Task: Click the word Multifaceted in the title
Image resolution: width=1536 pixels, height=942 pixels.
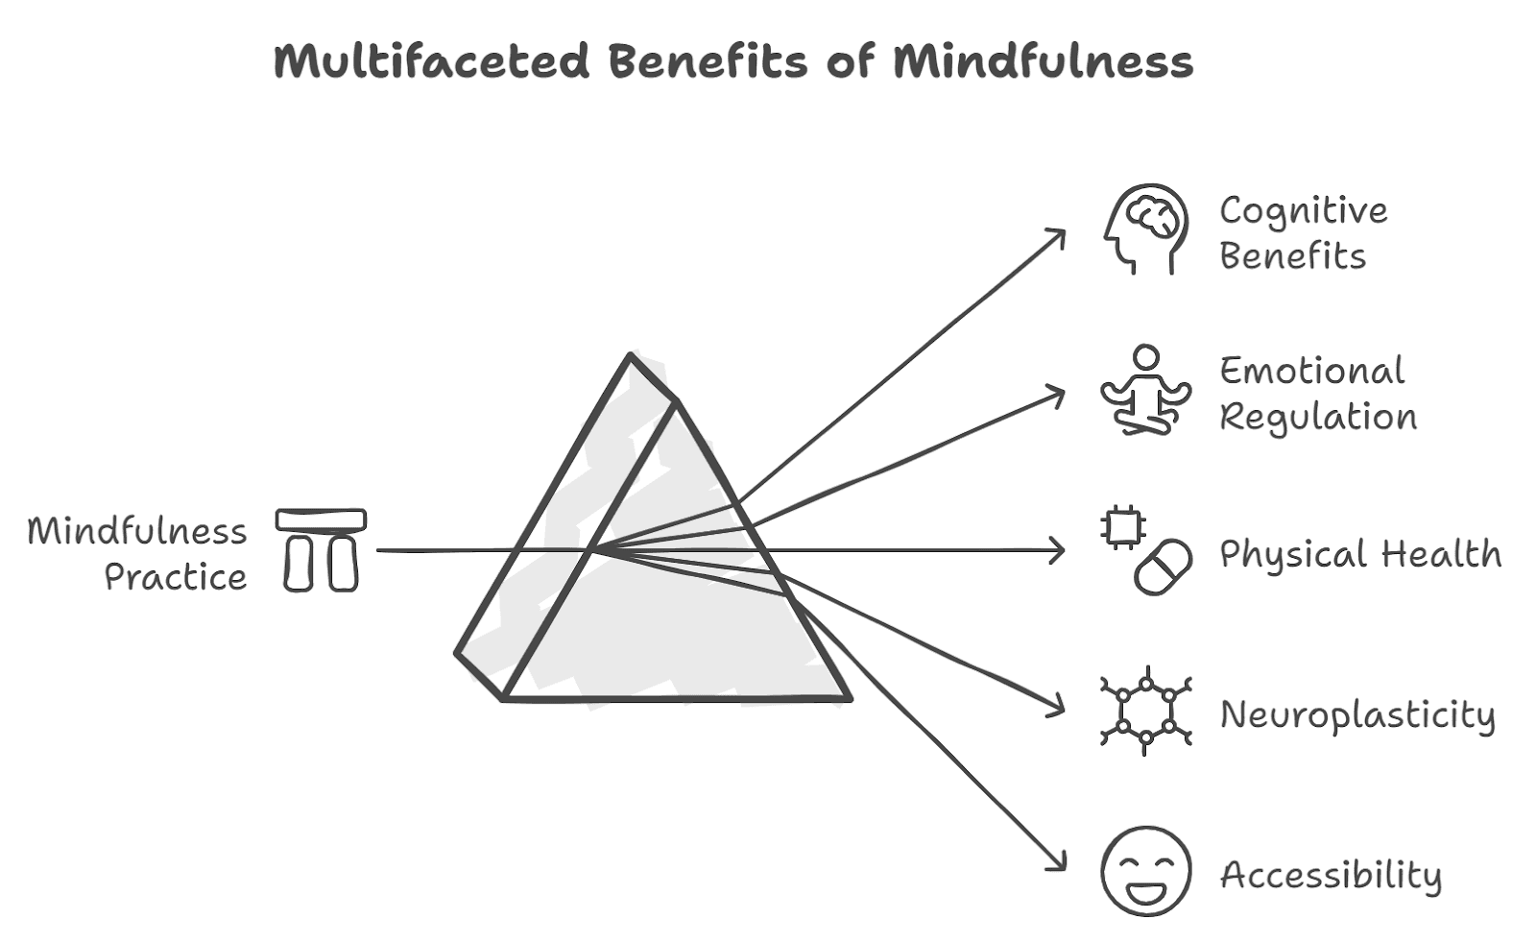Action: pos(430,61)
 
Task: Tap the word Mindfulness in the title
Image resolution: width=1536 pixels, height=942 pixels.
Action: pos(1043,61)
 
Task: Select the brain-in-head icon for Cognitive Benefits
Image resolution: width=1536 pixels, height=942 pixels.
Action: pos(1145,229)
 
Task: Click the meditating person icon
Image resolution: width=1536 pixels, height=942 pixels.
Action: pos(1145,391)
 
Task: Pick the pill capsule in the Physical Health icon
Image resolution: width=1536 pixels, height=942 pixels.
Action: pos(1163,567)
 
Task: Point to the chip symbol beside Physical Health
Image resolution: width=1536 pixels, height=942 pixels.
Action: pos(1122,528)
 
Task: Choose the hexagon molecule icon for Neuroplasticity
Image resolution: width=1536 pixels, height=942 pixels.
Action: pos(1145,712)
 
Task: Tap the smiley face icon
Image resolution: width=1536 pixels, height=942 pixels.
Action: pos(1145,871)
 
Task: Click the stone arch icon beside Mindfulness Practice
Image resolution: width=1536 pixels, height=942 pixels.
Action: pos(321,549)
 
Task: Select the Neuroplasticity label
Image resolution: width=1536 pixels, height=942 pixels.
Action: pos(1357,715)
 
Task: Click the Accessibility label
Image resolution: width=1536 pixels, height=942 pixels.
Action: pos(1331,875)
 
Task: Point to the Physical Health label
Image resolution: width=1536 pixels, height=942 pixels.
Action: pos(1360,554)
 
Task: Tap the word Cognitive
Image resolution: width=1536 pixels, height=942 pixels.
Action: pos(1303,211)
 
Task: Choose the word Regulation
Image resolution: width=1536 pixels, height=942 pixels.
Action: pos(1318,418)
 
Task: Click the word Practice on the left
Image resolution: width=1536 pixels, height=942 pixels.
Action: pos(176,577)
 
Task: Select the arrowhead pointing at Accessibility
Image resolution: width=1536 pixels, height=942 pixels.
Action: pos(1060,865)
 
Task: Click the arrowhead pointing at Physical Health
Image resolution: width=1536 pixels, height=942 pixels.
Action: pos(1060,550)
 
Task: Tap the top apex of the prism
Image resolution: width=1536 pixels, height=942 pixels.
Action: pos(631,356)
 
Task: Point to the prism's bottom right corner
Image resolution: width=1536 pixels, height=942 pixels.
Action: pos(849,698)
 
